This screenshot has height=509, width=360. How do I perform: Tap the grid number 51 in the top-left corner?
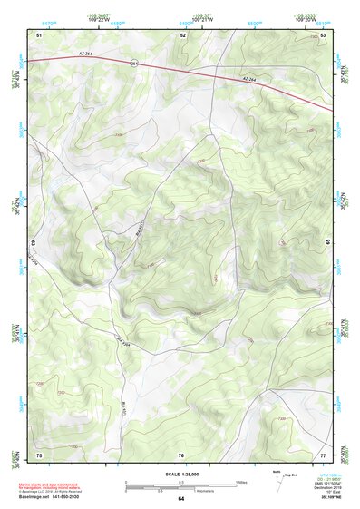[39, 34]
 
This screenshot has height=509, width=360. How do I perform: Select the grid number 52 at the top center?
[182, 34]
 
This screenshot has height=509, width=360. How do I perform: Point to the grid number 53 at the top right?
[323, 34]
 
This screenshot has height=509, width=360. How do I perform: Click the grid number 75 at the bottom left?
[39, 454]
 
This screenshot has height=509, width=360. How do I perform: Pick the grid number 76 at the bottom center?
[181, 454]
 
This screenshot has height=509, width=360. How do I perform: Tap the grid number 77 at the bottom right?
[323, 454]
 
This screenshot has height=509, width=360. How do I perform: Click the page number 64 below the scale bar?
[180, 499]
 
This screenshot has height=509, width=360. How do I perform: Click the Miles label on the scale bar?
[241, 481]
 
